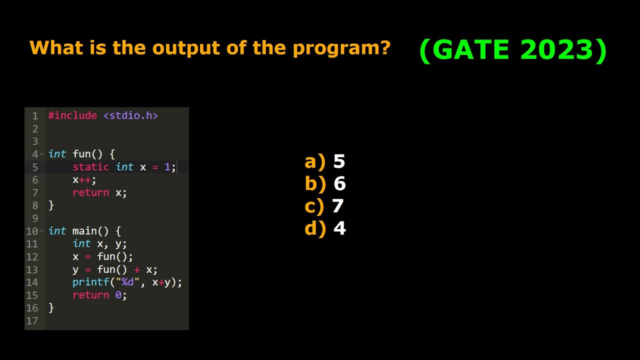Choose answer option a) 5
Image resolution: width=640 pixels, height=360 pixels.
(325, 161)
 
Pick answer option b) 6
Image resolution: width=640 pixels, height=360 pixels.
(325, 184)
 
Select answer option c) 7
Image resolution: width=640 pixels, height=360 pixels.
(324, 206)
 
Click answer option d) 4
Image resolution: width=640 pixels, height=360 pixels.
(325, 228)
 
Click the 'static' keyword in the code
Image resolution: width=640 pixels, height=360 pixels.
(90, 167)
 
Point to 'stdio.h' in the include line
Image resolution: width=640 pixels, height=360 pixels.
(130, 115)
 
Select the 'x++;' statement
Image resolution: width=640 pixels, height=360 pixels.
(84, 179)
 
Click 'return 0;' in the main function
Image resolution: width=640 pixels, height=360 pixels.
(99, 295)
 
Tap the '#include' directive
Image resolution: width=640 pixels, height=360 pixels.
(72, 115)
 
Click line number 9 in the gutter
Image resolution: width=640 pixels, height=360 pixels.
(35, 218)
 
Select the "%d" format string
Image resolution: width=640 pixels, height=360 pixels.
(127, 282)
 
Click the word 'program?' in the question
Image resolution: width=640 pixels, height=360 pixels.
(341, 48)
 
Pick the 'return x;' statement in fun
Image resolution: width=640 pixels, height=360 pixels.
(99, 192)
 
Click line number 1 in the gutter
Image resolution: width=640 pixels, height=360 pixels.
(35, 115)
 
